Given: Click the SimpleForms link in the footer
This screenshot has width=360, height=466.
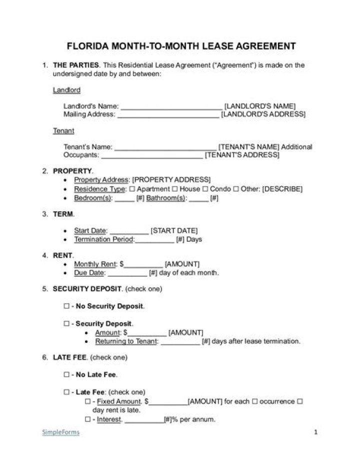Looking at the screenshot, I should point(60,432).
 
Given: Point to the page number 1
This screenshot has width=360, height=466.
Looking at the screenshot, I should point(315,432).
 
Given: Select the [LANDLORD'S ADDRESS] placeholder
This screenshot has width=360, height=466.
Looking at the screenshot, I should point(263,114).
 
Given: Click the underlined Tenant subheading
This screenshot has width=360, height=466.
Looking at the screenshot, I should point(63,131).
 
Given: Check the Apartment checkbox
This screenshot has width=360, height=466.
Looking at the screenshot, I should point(132,189).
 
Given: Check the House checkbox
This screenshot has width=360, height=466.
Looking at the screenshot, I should point(174,189).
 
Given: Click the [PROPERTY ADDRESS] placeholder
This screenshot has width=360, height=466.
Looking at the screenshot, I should point(171,180).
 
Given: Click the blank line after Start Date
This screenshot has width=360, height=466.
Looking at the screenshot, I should point(128,231).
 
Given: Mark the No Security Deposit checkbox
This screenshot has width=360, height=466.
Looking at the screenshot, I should point(66,306).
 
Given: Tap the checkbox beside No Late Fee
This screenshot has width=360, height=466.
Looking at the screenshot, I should point(66,374).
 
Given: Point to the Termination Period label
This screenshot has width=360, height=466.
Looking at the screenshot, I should point(104,239).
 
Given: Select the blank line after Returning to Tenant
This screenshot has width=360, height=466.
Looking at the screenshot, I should point(180,341).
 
